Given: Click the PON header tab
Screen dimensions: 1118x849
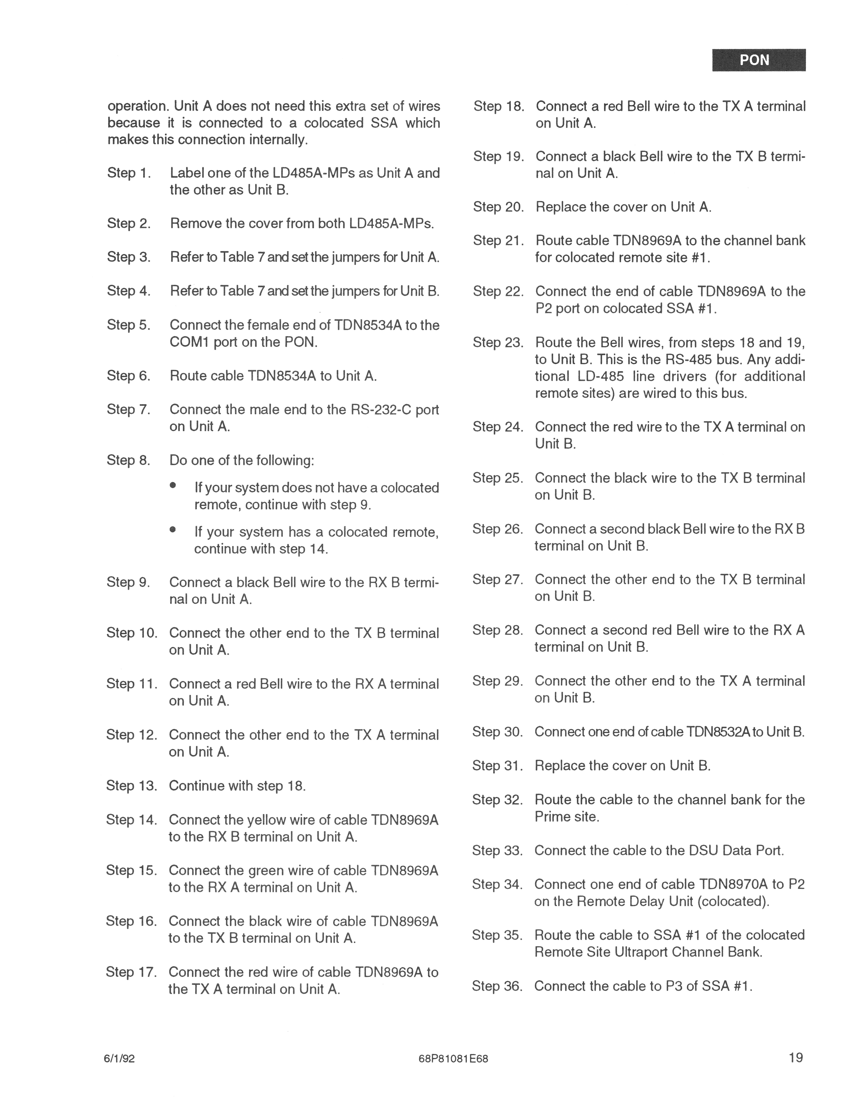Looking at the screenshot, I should point(759,60).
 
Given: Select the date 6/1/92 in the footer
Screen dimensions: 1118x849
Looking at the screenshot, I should point(119,1058).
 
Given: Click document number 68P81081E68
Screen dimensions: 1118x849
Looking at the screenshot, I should point(453,1058).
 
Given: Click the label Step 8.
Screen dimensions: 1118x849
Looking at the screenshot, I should point(128,460).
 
